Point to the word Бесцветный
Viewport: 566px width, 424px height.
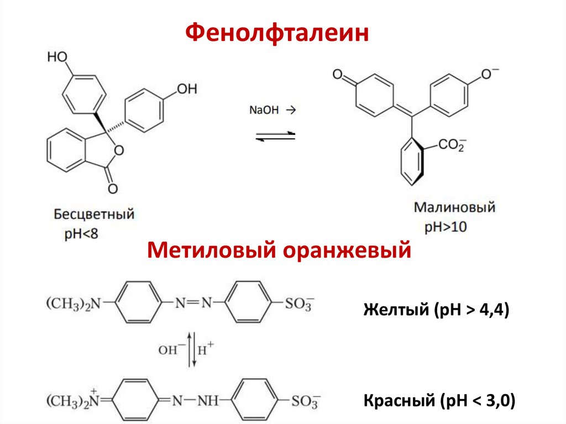(94, 213)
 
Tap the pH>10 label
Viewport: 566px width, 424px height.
(446, 227)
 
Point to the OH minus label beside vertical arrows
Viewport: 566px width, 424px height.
(169, 350)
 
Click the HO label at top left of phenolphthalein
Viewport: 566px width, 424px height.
(58, 56)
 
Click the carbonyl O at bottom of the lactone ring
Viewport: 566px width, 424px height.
(112, 189)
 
